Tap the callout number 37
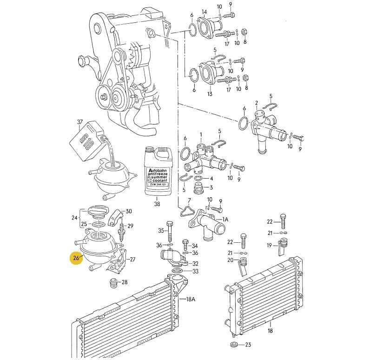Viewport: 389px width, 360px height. pos(79,122)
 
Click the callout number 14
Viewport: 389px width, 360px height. pos(204,12)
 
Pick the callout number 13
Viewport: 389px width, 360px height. pos(210,94)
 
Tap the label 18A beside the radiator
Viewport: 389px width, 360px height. pos(191,299)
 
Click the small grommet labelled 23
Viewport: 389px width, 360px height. pos(234,345)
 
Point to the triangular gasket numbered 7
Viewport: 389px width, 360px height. pos(187,209)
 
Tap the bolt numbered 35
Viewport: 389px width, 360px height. pos(169,231)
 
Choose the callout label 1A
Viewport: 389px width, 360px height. pos(225,219)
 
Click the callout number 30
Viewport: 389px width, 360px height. pos(129,211)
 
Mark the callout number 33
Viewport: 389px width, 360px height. pos(195,271)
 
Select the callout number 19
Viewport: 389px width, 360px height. pos(269,245)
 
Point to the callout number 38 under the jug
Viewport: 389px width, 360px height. pos(157,204)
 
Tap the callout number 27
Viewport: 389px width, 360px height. pos(132,260)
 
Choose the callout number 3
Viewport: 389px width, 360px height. pos(211,187)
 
